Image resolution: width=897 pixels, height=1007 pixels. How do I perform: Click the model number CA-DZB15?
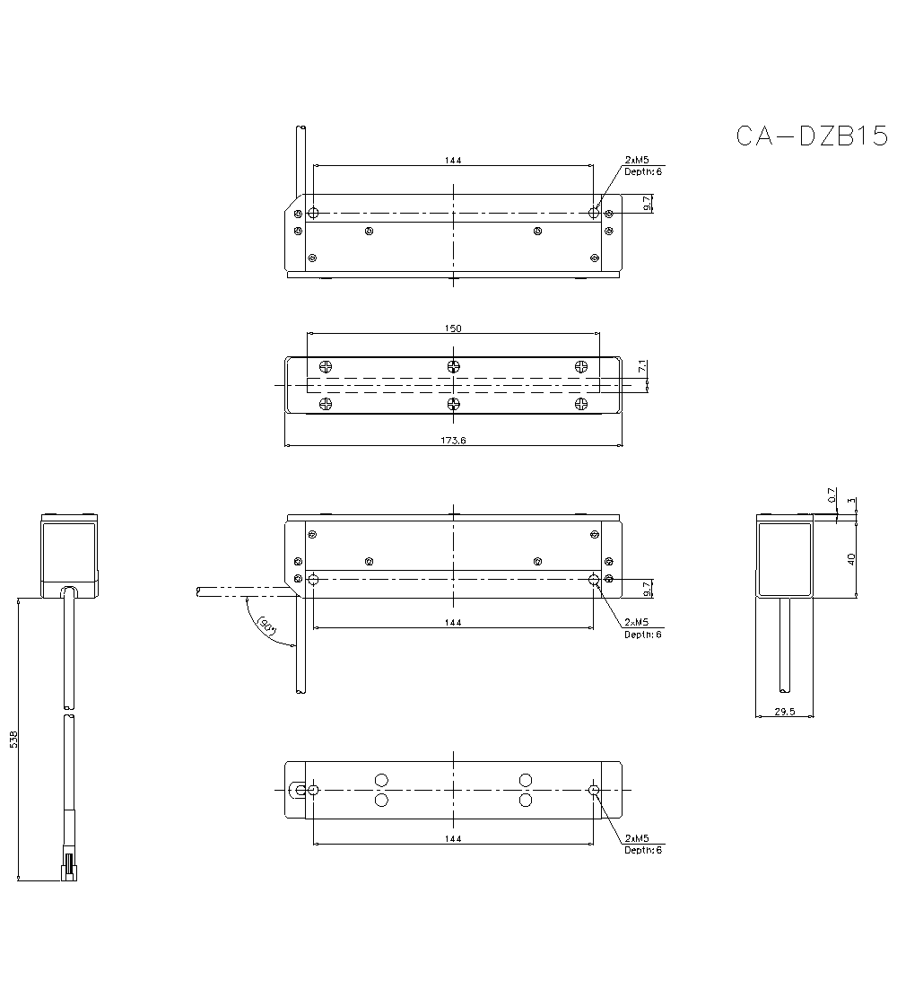pos(811,136)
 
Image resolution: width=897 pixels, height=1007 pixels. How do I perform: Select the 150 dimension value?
pos(453,328)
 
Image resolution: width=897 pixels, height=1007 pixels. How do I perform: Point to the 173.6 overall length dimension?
pos(453,440)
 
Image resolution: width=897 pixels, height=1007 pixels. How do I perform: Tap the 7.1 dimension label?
pos(641,367)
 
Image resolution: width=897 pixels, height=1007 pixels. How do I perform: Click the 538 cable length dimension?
pos(13,739)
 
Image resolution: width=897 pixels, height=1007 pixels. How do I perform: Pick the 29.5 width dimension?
pos(785,711)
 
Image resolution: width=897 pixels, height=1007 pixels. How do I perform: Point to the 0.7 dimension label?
pos(832,495)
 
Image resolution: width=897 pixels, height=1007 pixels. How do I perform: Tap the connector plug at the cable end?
pos(68,869)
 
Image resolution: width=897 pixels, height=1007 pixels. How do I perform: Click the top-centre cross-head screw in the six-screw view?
pos(454,366)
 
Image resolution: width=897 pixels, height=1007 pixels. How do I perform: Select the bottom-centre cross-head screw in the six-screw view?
pos(454,403)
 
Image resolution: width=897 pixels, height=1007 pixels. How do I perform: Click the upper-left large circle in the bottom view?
pos(381,780)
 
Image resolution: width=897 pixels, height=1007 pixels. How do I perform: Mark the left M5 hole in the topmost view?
pos(313,213)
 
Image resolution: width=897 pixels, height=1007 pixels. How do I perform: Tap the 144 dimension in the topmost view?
pos(453,160)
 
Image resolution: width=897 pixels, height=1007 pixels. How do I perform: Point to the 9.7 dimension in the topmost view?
pos(648,205)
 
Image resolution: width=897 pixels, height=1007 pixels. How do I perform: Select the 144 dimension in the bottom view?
pos(453,838)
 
